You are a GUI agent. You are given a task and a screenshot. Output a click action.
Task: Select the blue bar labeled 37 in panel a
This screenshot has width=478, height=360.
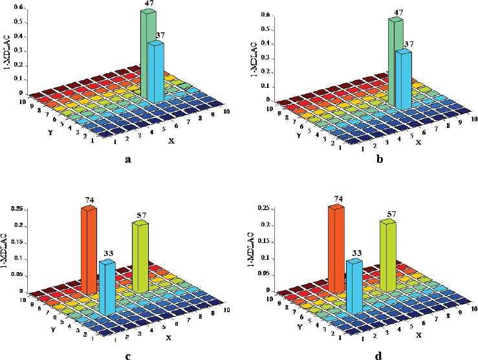pos(155,71)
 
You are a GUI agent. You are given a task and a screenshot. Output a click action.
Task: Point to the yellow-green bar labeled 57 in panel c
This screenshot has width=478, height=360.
pos(140,255)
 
